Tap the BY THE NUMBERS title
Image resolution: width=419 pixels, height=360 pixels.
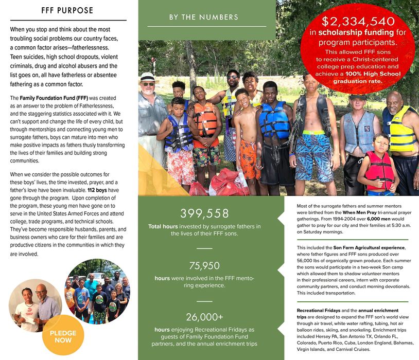204,17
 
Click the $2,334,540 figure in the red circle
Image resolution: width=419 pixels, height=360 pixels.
358,22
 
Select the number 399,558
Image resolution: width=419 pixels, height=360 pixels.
204,213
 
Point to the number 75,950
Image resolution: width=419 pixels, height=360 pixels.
204,265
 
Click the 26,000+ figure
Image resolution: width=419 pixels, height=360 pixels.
204,317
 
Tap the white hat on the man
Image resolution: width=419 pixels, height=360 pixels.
148,77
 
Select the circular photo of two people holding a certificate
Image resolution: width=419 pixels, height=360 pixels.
34,302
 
